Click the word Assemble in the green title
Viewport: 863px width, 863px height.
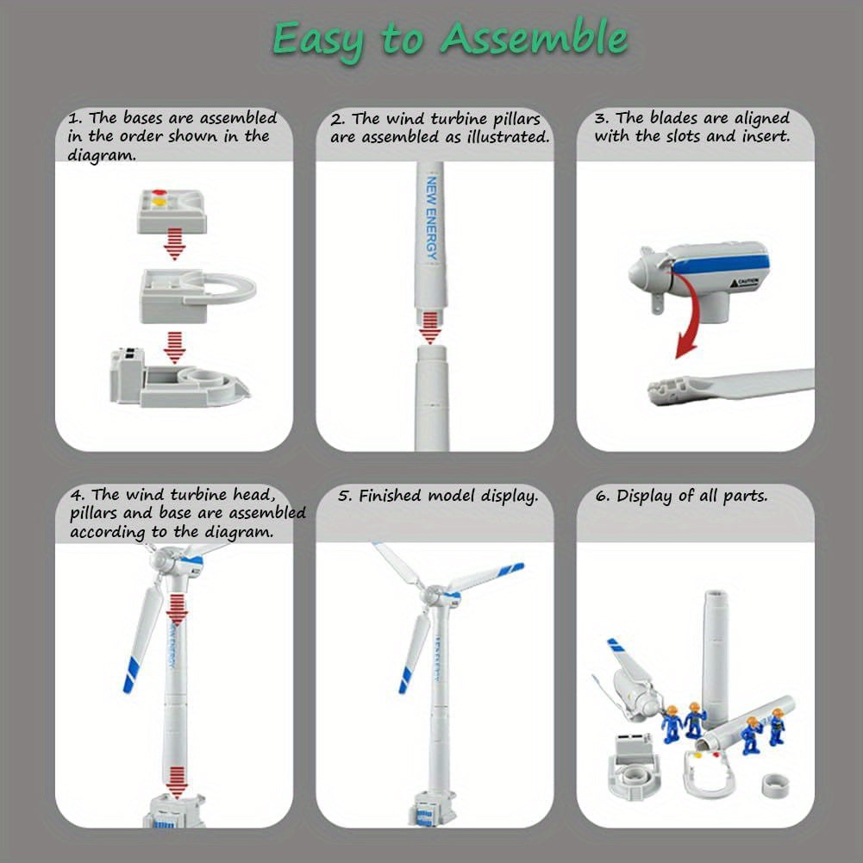point(534,39)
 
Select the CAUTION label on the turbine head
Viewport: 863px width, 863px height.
point(747,282)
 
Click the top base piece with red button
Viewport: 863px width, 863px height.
point(174,210)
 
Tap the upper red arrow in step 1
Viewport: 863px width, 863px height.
point(175,245)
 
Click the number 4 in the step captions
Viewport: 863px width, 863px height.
point(77,495)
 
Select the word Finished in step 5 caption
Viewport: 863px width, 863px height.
point(391,496)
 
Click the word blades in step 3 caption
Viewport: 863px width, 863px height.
point(675,118)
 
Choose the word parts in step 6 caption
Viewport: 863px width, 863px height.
point(747,497)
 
